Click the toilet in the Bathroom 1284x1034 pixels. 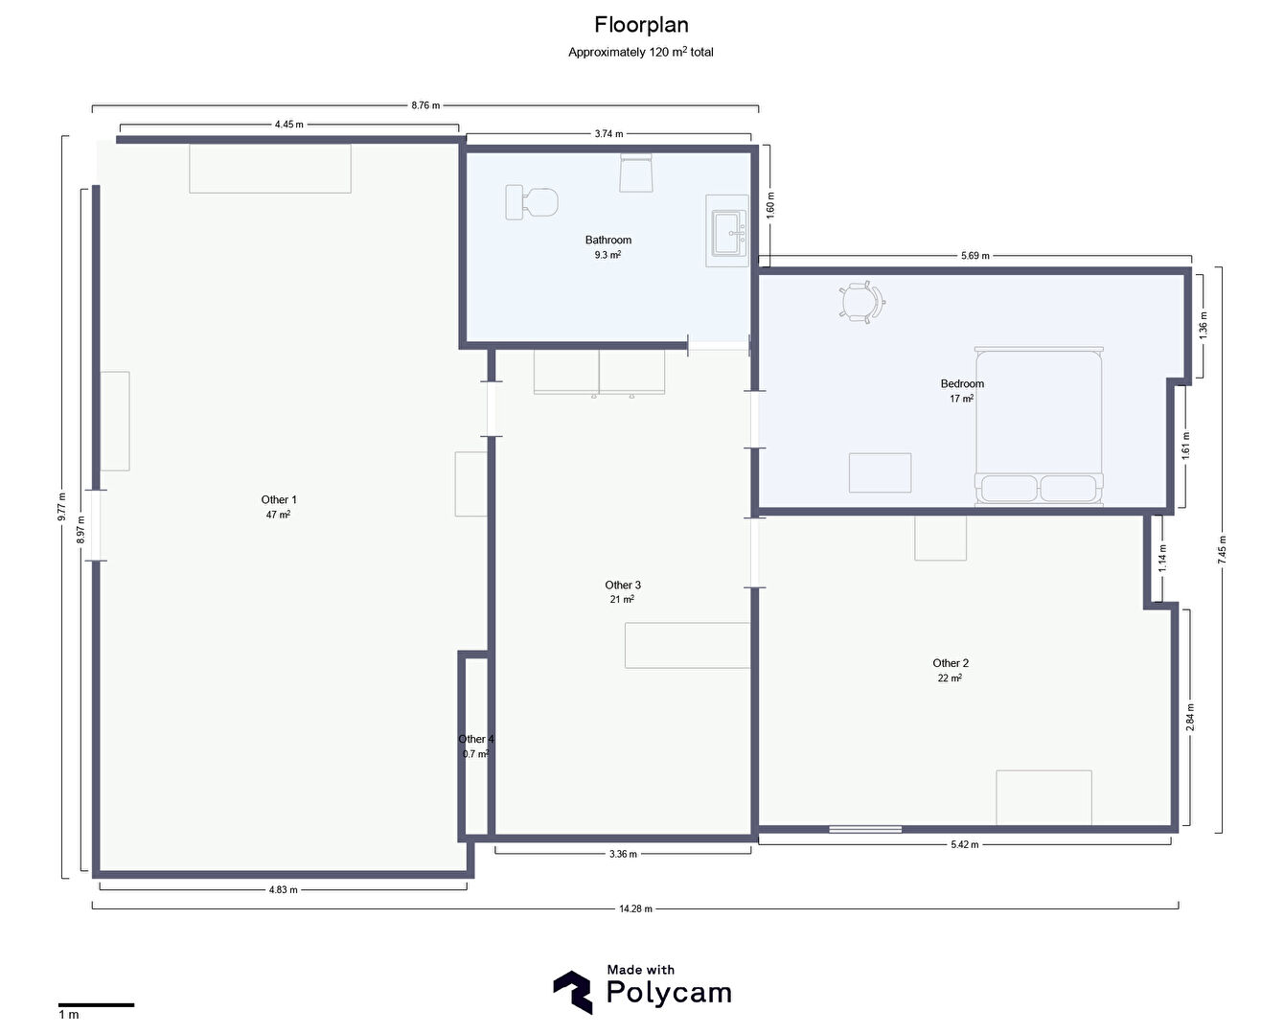pyautogui.click(x=532, y=202)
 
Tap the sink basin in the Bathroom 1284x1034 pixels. pyautogui.click(x=728, y=233)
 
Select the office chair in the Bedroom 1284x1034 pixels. pyautogui.click(x=862, y=302)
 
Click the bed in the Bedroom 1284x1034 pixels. pyautogui.click(x=1039, y=426)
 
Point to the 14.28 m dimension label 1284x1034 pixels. pyautogui.click(x=635, y=908)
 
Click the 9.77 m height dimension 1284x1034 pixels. pyautogui.click(x=61, y=507)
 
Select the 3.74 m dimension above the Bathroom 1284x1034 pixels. pyautogui.click(x=608, y=133)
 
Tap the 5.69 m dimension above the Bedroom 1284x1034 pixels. pyautogui.click(x=974, y=255)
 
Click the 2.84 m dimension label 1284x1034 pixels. pyautogui.click(x=1190, y=717)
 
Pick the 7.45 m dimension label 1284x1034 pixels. pyautogui.click(x=1222, y=549)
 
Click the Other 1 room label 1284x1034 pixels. pyautogui.click(x=279, y=499)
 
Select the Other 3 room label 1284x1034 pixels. pyautogui.click(x=623, y=585)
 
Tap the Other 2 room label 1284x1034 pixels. pyautogui.click(x=951, y=663)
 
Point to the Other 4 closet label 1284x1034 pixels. pyautogui.click(x=476, y=739)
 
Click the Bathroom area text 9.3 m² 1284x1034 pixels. pyautogui.click(x=608, y=255)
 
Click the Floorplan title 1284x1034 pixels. pyautogui.click(x=641, y=25)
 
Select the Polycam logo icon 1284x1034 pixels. pyautogui.click(x=573, y=992)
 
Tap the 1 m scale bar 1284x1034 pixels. pyautogui.click(x=96, y=1004)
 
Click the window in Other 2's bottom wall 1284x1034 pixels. pyautogui.click(x=865, y=829)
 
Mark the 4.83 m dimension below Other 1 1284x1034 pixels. pyautogui.click(x=283, y=889)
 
